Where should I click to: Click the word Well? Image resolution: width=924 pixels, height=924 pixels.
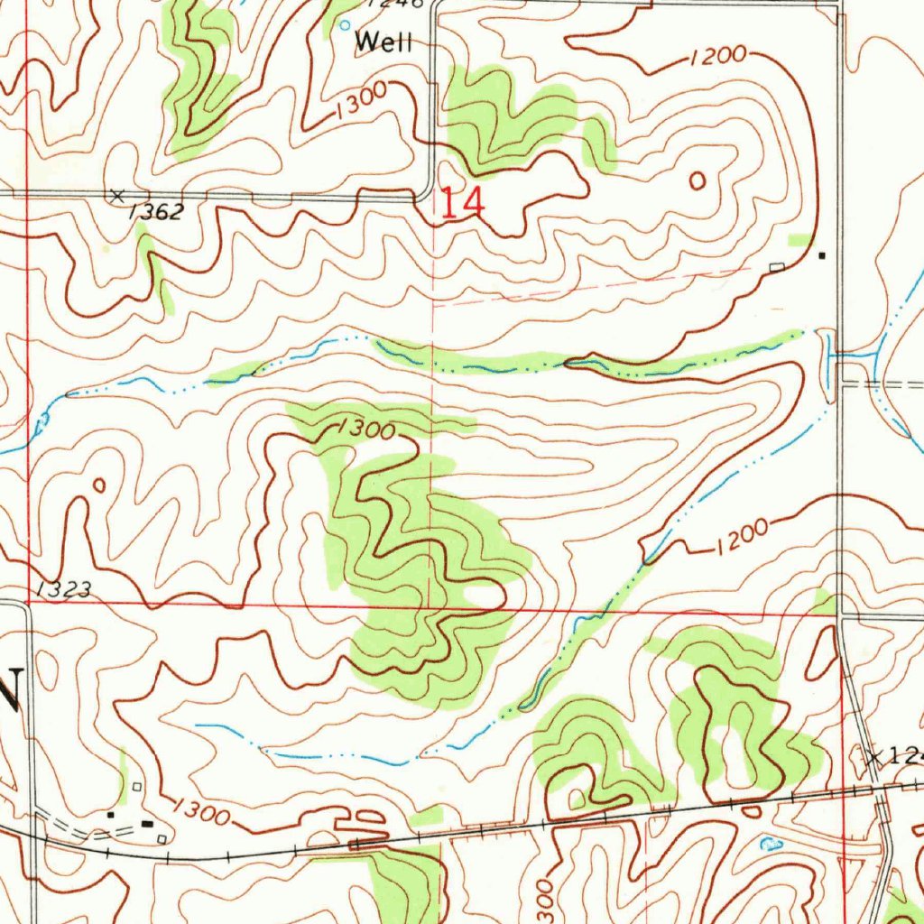pyautogui.click(x=383, y=42)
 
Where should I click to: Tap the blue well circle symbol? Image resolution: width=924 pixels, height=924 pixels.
pyautogui.click(x=345, y=26)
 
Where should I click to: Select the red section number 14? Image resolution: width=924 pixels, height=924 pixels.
pyautogui.click(x=463, y=203)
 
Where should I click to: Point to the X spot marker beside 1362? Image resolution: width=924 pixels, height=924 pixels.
pyautogui.click(x=116, y=195)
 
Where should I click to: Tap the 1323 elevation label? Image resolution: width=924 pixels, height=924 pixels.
pyautogui.click(x=65, y=590)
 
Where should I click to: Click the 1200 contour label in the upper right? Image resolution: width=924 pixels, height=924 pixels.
pyautogui.click(x=718, y=57)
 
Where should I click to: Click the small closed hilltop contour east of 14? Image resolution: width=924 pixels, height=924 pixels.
pyautogui.click(x=697, y=180)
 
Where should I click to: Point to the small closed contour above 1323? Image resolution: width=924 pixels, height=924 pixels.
pyautogui.click(x=99, y=485)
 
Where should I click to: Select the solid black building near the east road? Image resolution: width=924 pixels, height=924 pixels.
pyautogui.click(x=821, y=255)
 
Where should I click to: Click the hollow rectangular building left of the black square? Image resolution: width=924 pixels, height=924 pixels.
pyautogui.click(x=777, y=266)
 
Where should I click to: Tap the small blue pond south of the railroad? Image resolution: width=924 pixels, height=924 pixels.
pyautogui.click(x=771, y=845)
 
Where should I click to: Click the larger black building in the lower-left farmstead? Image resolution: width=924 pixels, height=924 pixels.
pyautogui.click(x=147, y=822)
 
